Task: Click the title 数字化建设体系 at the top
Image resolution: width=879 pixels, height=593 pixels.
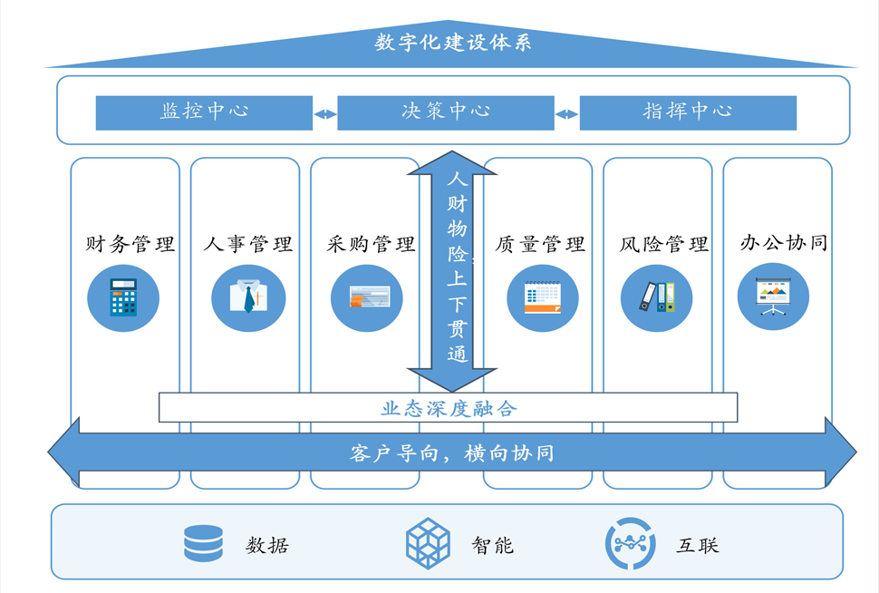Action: pos(452,43)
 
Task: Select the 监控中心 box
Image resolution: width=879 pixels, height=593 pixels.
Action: pos(204,112)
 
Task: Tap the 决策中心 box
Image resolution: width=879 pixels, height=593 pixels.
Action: pos(445,112)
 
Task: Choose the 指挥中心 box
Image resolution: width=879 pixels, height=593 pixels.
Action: pos(688,112)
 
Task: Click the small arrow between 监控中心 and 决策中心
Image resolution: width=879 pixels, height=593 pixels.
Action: pos(324,114)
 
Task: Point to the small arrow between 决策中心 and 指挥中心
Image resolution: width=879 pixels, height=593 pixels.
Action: pos(566,114)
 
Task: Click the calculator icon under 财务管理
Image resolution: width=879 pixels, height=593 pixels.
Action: pos(123,297)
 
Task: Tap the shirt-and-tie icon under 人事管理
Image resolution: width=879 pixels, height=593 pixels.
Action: pos(248,297)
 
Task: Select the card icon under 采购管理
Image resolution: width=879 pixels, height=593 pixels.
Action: pos(367,297)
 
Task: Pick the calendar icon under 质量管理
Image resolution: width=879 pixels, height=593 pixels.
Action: pos(542,297)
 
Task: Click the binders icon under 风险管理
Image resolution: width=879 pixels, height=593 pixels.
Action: pos(657,297)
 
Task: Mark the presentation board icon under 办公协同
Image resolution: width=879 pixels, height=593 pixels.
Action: pos(773,296)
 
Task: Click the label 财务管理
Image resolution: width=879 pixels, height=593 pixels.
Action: pos(130,244)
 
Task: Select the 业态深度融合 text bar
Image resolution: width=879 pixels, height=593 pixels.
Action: pos(448,408)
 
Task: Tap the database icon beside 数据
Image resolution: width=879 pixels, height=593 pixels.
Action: pos(203,543)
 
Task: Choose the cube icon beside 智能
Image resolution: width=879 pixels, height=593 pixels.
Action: pos(428,543)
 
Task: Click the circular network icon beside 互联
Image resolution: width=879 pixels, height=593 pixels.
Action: pos(630,543)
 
